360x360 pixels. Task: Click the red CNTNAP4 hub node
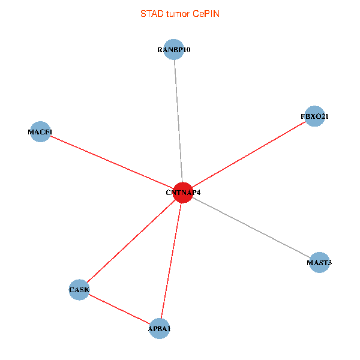coord(182,193)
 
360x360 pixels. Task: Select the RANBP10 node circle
coord(173,50)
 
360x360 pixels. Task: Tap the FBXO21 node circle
coord(314,116)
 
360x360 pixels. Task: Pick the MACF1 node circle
coord(40,131)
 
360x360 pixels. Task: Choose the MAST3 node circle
coord(319,262)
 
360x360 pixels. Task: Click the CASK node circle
coord(79,290)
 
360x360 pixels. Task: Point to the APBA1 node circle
coord(160,328)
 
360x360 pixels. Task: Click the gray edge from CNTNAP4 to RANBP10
coord(178,120)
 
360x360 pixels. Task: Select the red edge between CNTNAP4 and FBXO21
coord(248,154)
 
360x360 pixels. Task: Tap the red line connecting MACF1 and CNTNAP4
coord(111,162)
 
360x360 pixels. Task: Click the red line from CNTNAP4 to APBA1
coord(171,260)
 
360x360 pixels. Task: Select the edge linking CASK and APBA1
coord(119,309)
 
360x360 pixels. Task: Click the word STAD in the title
coord(151,13)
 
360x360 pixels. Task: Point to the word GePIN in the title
coord(206,13)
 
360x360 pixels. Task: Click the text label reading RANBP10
coord(173,50)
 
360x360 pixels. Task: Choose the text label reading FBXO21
coord(314,116)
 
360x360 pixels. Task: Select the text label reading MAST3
coord(319,263)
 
